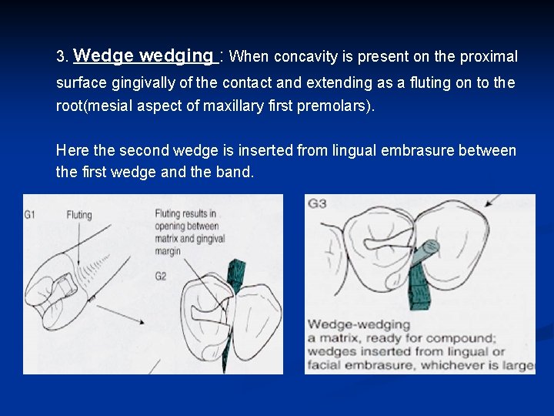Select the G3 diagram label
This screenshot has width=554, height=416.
point(317,204)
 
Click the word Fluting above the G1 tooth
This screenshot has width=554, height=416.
point(79,215)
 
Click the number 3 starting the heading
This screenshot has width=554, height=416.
point(62,57)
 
